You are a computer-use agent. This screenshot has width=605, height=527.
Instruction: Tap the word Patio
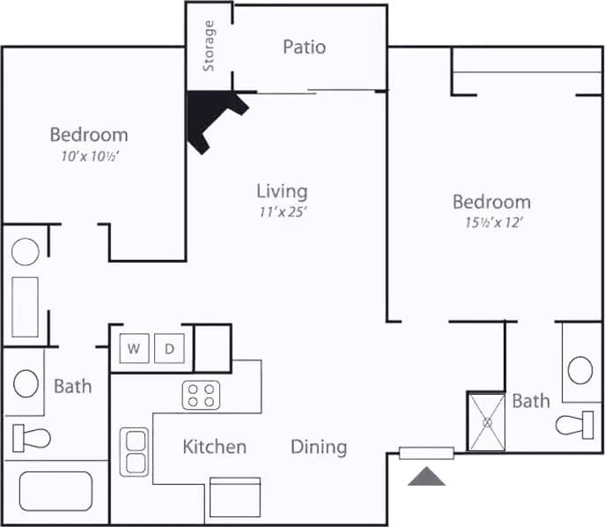(x=304, y=47)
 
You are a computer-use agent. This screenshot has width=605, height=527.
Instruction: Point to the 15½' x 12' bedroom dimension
(x=491, y=222)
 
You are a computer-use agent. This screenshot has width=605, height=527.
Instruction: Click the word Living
(x=282, y=190)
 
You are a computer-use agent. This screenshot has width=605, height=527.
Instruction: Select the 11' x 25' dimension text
(x=282, y=212)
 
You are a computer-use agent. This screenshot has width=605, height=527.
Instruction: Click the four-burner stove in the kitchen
(x=201, y=396)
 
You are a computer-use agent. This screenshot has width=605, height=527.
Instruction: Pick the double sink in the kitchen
(x=135, y=451)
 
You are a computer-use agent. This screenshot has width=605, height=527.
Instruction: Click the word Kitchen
(x=214, y=447)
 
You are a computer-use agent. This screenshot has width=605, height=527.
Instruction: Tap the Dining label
(x=319, y=447)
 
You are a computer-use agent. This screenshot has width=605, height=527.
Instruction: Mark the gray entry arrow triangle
(x=426, y=477)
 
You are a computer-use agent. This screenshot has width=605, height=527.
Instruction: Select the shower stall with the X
(x=485, y=421)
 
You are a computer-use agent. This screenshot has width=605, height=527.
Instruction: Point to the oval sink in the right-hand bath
(x=580, y=369)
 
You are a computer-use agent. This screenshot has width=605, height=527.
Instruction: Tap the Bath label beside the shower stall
(x=531, y=401)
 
